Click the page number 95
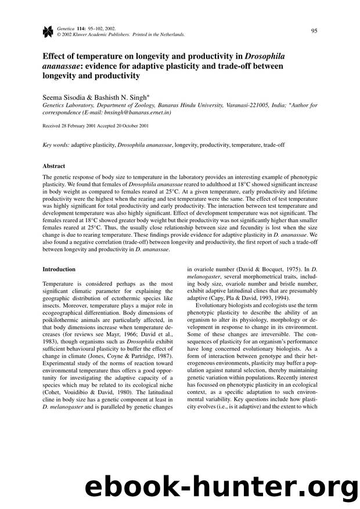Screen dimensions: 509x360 pos(313,30)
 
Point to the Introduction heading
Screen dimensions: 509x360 pos(59,269)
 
